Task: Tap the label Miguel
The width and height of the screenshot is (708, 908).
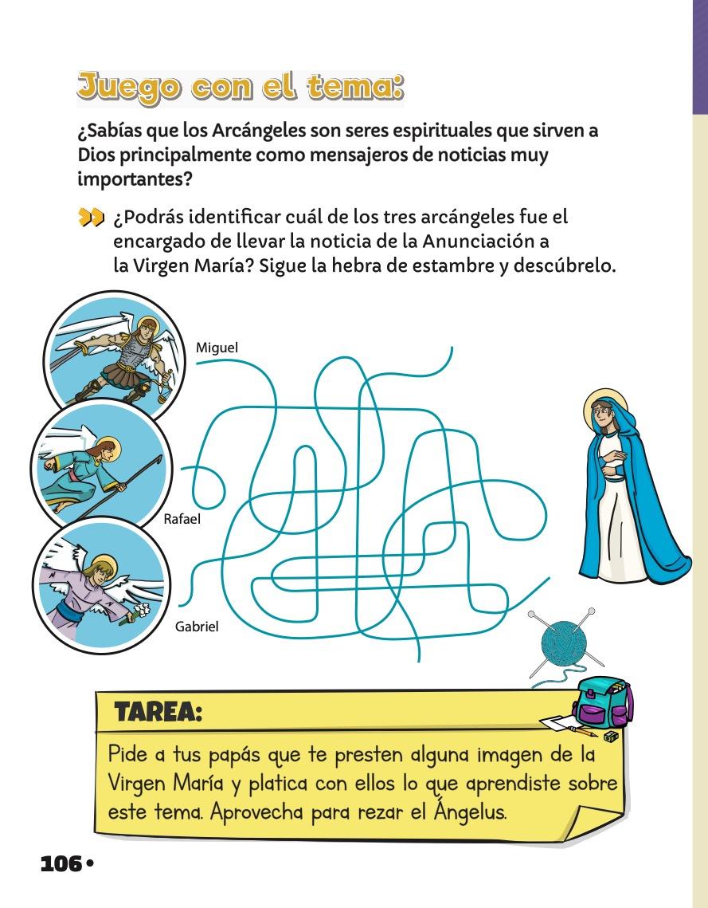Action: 217,347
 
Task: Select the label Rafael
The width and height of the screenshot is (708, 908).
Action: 182,520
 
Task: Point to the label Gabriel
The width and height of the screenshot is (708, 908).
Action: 197,627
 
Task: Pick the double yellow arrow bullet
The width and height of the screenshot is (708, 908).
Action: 91,218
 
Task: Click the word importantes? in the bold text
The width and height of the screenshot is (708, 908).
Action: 135,179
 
